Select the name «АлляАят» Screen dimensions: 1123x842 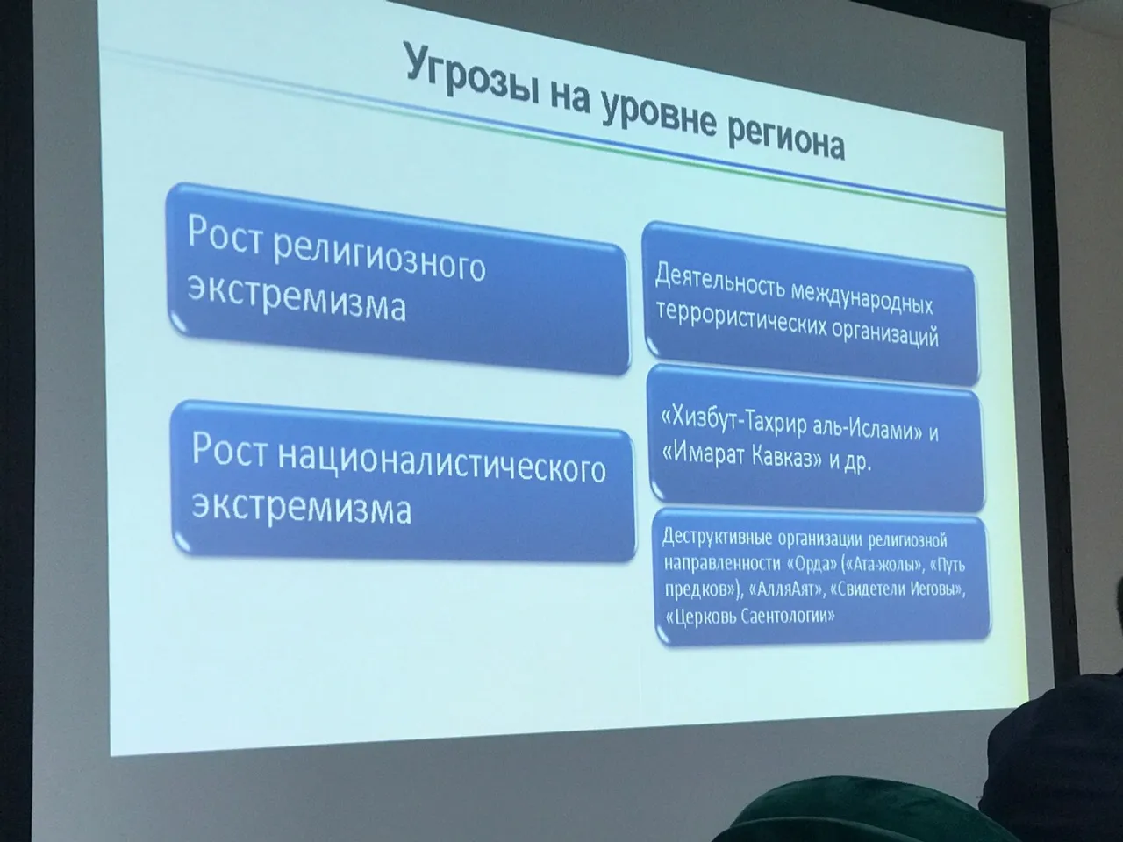pyautogui.click(x=786, y=589)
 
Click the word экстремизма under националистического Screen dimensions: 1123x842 pyautogui.click(x=302, y=507)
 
